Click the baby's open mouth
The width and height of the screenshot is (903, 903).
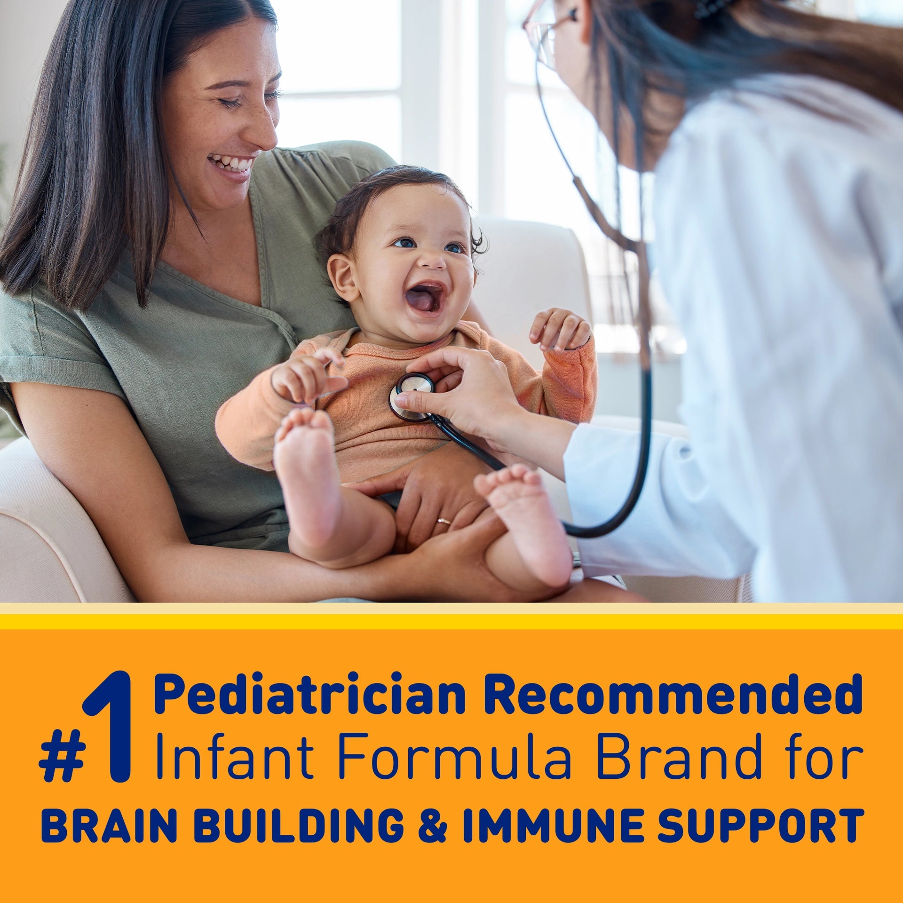424,299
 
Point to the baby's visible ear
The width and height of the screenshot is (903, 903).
344,277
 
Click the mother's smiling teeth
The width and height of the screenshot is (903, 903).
231,164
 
